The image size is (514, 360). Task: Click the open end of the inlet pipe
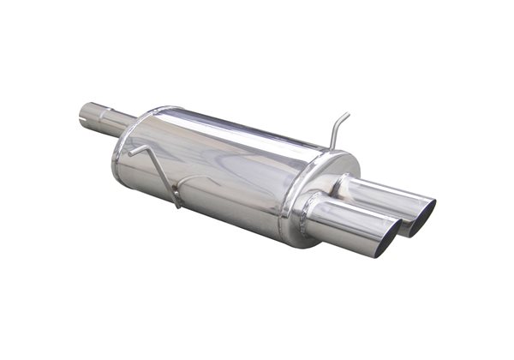pyautogui.click(x=85, y=117)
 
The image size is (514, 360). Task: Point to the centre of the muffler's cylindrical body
pyautogui.click(x=223, y=167)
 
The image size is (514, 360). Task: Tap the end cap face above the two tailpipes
pyautogui.click(x=330, y=171)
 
